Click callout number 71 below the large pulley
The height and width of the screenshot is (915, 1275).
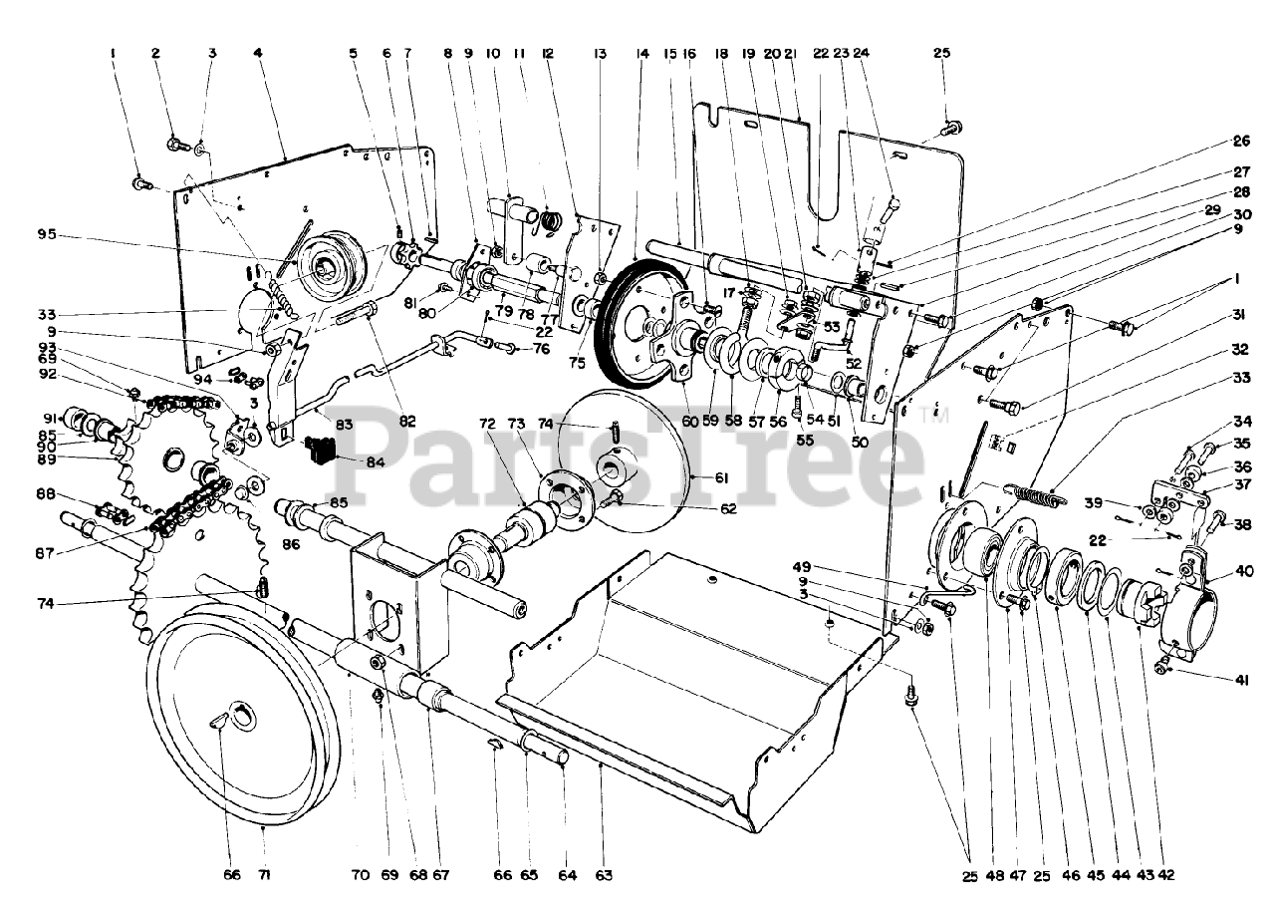coord(264,875)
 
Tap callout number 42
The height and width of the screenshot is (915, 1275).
coord(1167,875)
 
